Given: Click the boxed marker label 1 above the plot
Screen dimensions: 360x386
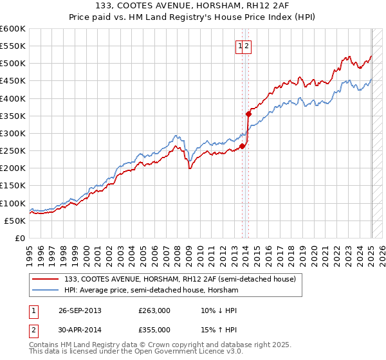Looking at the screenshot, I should (x=240, y=46).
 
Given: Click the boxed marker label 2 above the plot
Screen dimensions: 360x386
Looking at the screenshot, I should (x=247, y=46).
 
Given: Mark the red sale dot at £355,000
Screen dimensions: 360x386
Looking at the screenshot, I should (x=248, y=114).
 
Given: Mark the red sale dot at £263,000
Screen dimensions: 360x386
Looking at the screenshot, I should (x=243, y=146).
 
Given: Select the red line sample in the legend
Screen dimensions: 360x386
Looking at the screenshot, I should (x=46, y=279).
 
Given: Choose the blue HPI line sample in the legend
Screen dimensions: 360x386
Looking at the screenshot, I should (x=46, y=291).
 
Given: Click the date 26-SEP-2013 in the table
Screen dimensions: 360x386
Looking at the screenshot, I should (x=80, y=310).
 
